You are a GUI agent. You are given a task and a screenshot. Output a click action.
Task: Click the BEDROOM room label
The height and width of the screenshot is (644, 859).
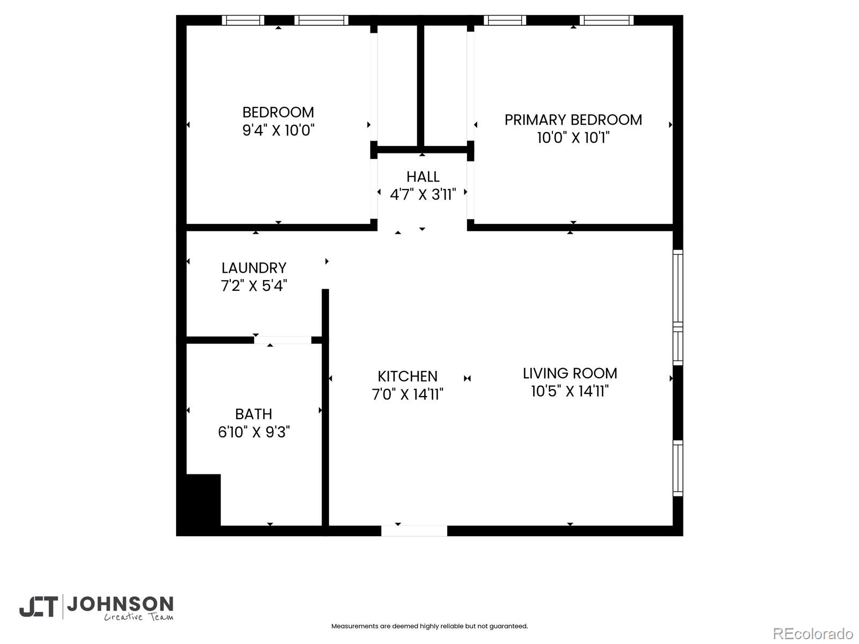click(x=278, y=112)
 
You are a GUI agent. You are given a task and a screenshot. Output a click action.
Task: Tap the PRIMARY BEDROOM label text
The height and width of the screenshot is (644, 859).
click(x=573, y=120)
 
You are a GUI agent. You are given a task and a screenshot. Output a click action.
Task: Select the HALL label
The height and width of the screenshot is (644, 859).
click(x=423, y=177)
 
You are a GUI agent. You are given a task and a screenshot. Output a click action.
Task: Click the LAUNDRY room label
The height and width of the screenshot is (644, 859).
click(x=254, y=268)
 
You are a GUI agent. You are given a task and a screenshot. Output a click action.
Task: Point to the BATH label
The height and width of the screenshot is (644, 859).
click(x=253, y=414)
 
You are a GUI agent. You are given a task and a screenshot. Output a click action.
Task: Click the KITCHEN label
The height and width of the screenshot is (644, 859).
click(x=407, y=376)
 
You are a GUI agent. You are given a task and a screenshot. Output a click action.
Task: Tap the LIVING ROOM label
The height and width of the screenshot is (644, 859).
click(x=570, y=373)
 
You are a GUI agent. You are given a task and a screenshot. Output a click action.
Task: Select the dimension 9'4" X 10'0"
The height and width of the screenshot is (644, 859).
click(x=278, y=130)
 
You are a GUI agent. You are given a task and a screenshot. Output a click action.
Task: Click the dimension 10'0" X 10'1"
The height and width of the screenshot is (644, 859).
click(x=573, y=138)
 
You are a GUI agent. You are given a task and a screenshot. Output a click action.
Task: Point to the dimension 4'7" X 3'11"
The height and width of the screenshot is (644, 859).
click(x=423, y=195)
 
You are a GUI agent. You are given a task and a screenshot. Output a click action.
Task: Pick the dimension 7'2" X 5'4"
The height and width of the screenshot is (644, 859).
click(x=254, y=286)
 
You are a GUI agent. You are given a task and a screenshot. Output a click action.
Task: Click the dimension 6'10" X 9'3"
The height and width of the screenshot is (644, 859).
click(x=253, y=432)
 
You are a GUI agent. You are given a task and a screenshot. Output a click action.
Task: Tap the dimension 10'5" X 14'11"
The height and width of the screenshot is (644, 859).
click(x=570, y=391)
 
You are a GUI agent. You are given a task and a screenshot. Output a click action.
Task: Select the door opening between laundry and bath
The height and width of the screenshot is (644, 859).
click(x=282, y=340)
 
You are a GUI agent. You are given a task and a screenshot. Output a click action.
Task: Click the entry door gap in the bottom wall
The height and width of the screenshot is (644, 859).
click(x=414, y=531)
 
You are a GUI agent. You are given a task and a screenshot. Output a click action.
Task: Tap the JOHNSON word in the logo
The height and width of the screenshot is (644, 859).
click(x=120, y=604)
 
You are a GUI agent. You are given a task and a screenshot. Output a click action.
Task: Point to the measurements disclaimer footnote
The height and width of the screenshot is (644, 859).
click(x=429, y=626)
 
